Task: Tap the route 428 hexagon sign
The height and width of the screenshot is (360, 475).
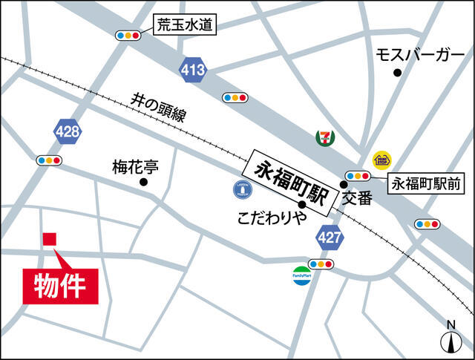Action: [x=68, y=132]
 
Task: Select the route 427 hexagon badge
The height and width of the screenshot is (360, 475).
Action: [x=330, y=238]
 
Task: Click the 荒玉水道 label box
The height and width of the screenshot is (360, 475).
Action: [x=185, y=25]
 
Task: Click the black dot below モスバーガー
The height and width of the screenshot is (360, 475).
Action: [x=398, y=72]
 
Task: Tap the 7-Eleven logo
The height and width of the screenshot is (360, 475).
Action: [x=324, y=137]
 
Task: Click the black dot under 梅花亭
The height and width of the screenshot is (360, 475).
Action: [x=143, y=182]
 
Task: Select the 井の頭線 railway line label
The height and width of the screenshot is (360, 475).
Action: [x=158, y=107]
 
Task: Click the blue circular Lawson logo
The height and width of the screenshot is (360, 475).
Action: [x=243, y=191]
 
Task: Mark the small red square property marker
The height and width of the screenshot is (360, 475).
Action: [x=50, y=239]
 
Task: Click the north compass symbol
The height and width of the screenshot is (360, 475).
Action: [x=451, y=338]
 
